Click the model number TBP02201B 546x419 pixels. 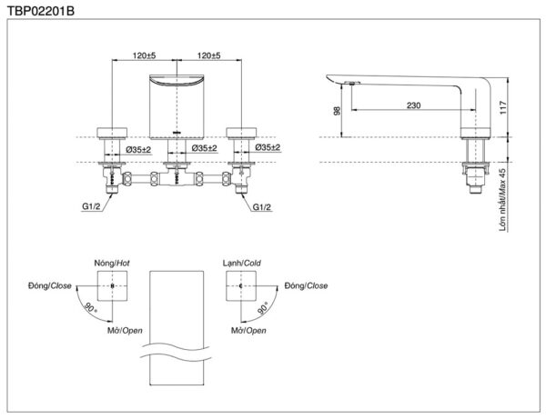(41, 11)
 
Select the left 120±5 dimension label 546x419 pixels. (144, 55)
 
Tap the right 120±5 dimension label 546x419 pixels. (209, 55)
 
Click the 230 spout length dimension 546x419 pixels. (414, 105)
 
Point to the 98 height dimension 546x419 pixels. (337, 111)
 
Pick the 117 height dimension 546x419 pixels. (503, 108)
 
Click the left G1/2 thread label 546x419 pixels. (91, 206)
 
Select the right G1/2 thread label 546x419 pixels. (261, 207)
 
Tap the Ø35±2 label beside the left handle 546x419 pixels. (138, 150)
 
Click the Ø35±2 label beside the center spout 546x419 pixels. (205, 148)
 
